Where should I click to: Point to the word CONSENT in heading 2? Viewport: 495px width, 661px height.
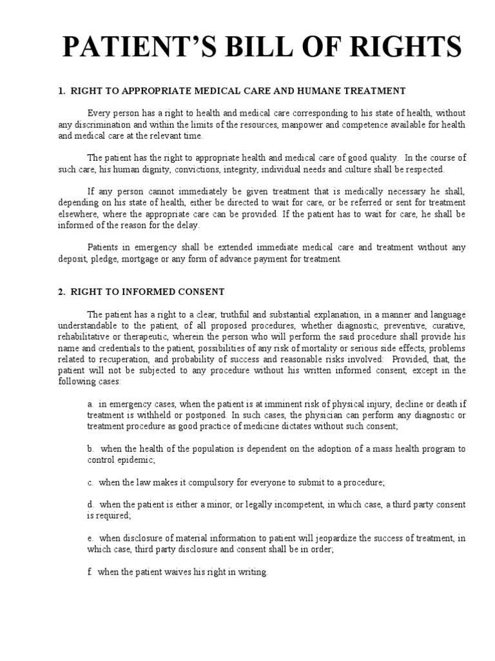tap(201, 292)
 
